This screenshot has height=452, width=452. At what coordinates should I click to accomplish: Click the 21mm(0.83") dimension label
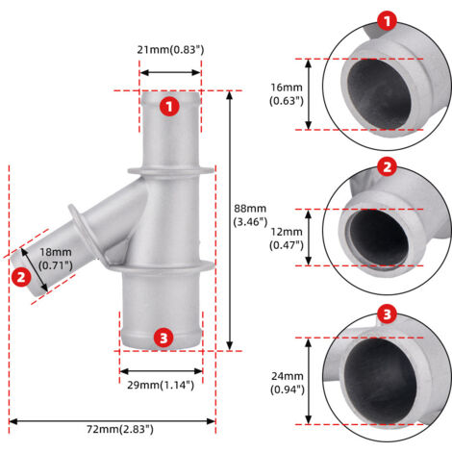click(170, 50)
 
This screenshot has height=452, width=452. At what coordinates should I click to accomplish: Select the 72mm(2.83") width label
click(120, 429)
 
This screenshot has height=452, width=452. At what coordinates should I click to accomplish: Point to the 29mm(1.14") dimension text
click(161, 385)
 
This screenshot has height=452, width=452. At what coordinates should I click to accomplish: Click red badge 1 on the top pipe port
click(169, 107)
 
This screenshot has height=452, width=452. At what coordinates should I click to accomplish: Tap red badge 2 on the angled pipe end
click(21, 277)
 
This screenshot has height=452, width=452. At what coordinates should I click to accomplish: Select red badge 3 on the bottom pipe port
click(163, 338)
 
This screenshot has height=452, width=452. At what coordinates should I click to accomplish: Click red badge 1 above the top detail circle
click(388, 20)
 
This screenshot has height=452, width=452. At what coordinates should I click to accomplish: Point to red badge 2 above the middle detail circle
click(388, 166)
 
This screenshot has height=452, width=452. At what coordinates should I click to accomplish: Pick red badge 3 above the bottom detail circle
click(388, 314)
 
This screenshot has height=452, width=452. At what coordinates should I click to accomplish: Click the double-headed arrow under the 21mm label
click(170, 73)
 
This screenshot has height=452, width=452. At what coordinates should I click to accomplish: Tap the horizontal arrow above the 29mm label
click(161, 371)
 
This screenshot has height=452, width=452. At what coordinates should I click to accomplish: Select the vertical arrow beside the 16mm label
click(308, 94)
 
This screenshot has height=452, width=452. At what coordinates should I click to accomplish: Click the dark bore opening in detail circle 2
click(379, 238)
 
